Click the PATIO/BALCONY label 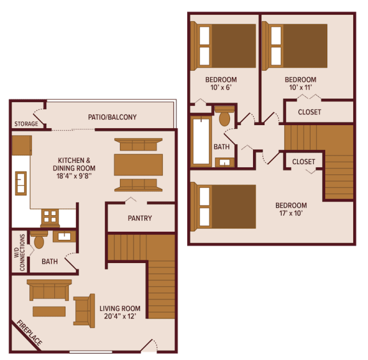pyautogui.click(x=112, y=117)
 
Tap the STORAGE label pyautogui.click(x=26, y=124)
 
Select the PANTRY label pyautogui.click(x=140, y=218)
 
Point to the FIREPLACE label pyautogui.click(x=29, y=333)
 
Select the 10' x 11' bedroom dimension pyautogui.click(x=301, y=87)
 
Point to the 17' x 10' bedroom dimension pyautogui.click(x=291, y=214)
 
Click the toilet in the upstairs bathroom pyautogui.click(x=224, y=117)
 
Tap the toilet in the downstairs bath pyautogui.click(x=38, y=240)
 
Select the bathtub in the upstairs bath pyautogui.click(x=201, y=141)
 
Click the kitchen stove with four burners pyautogui.click(x=49, y=217)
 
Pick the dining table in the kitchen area pyautogui.click(x=138, y=164)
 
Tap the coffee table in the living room pyautogui.click(x=49, y=311)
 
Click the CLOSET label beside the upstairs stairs pyautogui.click(x=303, y=162)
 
